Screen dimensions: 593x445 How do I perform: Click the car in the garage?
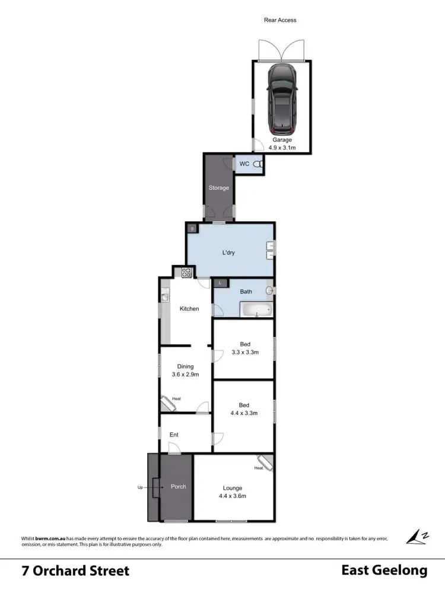click(282, 99)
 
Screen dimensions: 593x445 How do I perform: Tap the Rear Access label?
click(280, 20)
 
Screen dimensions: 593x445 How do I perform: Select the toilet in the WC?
click(258, 164)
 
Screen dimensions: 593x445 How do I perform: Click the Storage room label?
click(218, 188)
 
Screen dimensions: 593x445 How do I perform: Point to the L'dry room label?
click(228, 253)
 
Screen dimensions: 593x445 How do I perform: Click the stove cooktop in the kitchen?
click(186, 273)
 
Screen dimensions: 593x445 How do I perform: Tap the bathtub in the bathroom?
click(256, 310)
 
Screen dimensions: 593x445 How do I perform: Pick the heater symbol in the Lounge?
click(264, 462)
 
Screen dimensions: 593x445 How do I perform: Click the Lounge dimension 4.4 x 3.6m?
click(233, 496)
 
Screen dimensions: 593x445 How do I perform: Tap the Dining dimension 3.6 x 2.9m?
click(185, 374)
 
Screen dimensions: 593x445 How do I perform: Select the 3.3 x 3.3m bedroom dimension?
click(244, 352)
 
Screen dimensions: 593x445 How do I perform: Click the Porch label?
click(178, 486)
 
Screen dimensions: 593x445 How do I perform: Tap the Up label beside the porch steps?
click(140, 487)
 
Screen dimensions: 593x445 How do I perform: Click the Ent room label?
click(174, 435)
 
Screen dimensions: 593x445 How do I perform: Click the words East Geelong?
click(384, 570)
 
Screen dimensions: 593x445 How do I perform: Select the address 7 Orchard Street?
click(75, 571)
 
